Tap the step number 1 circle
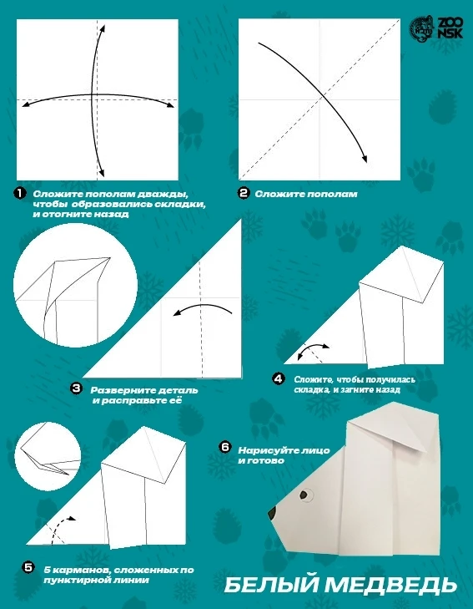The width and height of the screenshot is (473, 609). pyautogui.click(x=19, y=194)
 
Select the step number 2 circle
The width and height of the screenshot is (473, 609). pyautogui.click(x=244, y=193)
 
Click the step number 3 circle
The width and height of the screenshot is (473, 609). pyautogui.click(x=77, y=388)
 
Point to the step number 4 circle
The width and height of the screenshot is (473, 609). pyautogui.click(x=279, y=378)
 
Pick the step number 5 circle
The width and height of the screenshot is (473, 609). pyautogui.click(x=28, y=567)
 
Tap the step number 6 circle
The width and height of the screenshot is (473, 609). pyautogui.click(x=225, y=447)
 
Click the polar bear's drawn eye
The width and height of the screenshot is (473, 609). pyautogui.click(x=305, y=495)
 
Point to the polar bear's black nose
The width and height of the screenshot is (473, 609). pyautogui.click(x=272, y=513)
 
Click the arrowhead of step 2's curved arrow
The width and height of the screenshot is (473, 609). pyautogui.click(x=364, y=159)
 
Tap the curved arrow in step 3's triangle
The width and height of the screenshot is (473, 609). pyautogui.click(x=203, y=307)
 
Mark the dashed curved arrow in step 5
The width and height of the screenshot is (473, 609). pyautogui.click(x=55, y=525)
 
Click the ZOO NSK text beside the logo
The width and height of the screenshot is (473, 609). pyautogui.click(x=450, y=28)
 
